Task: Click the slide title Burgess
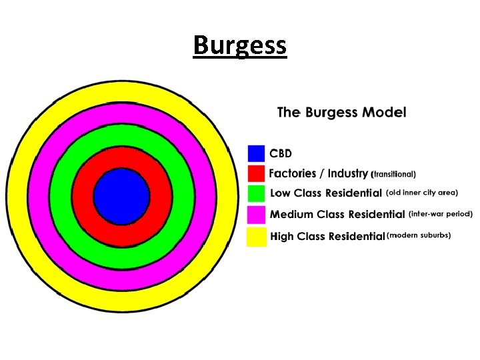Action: [x=240, y=45]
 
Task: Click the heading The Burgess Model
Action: [x=341, y=112]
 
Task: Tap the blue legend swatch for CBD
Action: [x=256, y=153]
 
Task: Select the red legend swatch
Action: [x=256, y=173]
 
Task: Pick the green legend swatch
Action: [x=256, y=193]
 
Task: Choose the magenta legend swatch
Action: [x=256, y=215]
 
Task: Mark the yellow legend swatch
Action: [x=256, y=236]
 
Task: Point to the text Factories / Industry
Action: [x=318, y=174]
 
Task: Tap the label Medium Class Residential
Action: [x=337, y=215]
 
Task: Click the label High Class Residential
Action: [x=327, y=236]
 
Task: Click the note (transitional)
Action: [x=393, y=175]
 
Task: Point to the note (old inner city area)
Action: [x=422, y=193]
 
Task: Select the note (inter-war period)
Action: [x=441, y=214]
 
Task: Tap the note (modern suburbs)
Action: [x=419, y=235]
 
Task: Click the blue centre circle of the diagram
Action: [x=121, y=196]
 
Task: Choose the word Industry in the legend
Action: [x=346, y=174]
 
